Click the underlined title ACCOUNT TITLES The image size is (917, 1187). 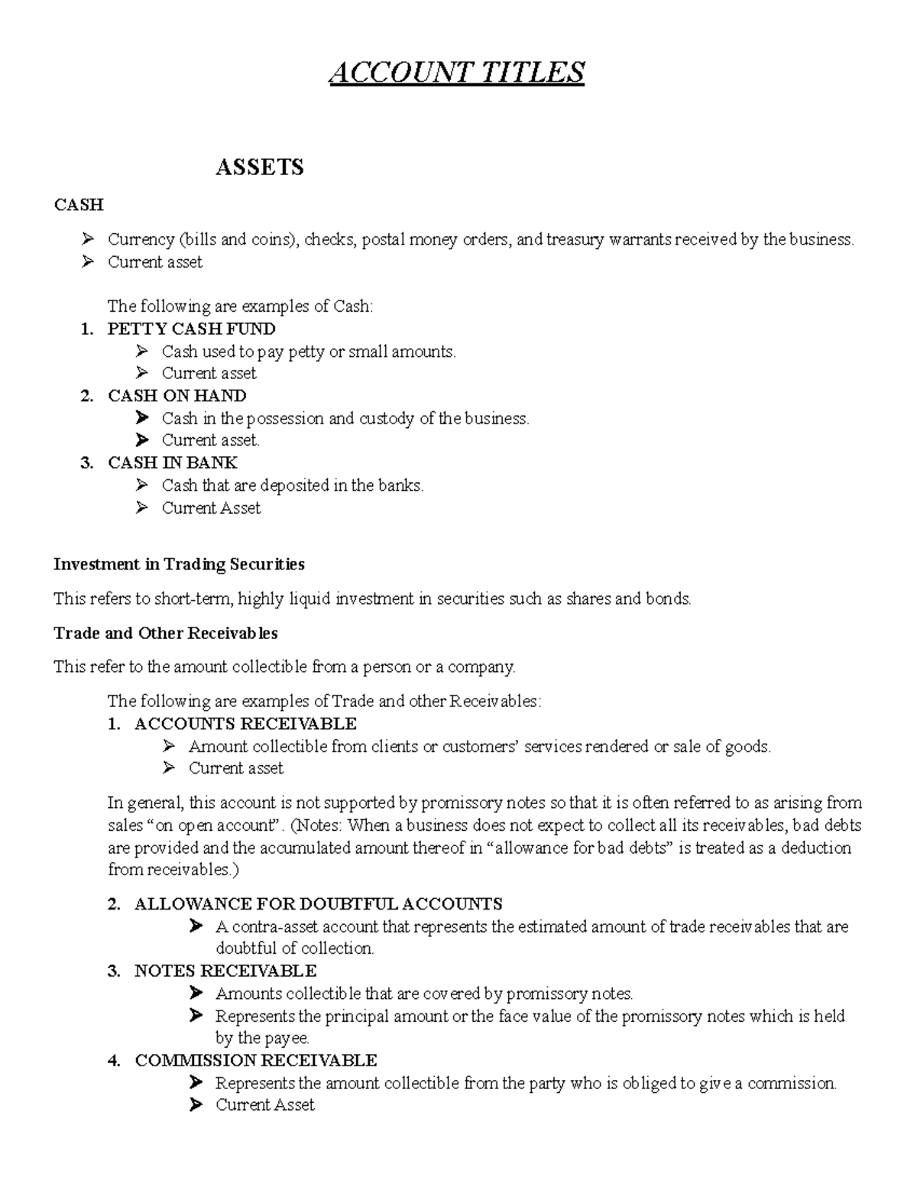457,73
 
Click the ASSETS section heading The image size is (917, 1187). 259,167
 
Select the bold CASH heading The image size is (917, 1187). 78,205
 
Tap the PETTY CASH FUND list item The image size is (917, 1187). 191,329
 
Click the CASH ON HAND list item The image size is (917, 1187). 177,396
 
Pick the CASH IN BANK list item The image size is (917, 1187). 172,462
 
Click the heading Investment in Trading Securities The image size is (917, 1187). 179,564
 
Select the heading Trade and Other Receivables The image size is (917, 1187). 165,633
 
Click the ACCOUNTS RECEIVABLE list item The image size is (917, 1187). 245,723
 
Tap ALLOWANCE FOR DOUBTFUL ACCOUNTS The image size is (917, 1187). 318,904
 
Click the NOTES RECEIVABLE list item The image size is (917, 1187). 225,971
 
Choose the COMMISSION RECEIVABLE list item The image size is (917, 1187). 255,1060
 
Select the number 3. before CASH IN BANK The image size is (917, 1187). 86,462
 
